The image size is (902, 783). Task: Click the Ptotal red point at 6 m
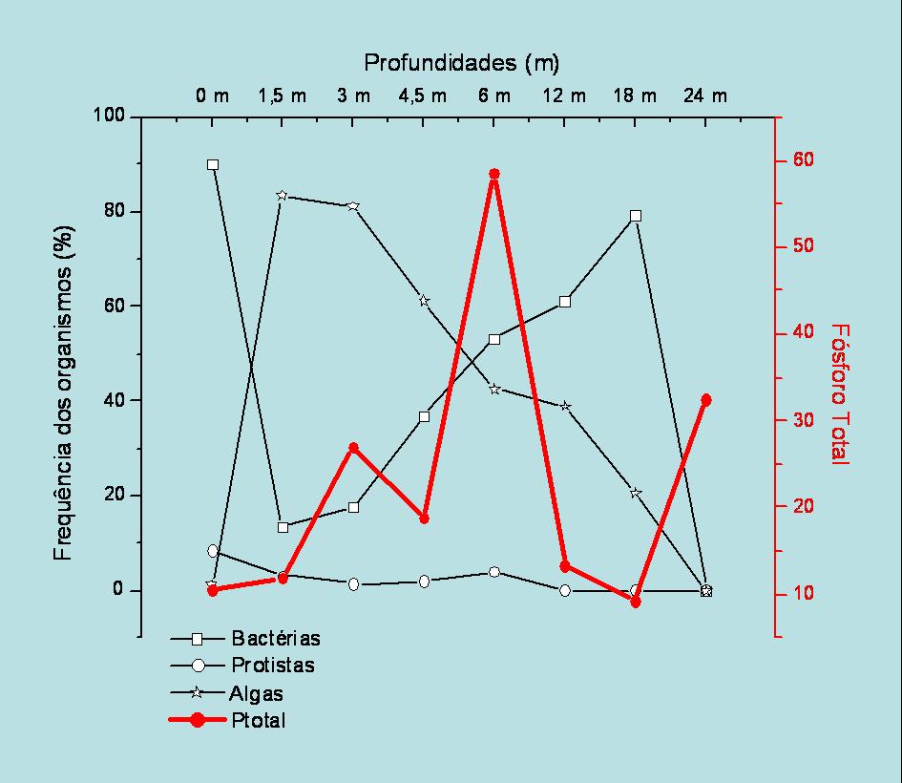click(494, 175)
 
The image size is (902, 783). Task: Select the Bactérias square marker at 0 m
click(213, 164)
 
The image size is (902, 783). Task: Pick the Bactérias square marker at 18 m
click(636, 216)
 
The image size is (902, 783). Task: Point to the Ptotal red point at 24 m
click(706, 400)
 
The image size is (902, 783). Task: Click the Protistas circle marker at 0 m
click(213, 551)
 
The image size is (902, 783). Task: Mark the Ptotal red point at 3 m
click(353, 448)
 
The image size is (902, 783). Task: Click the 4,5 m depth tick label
click(422, 95)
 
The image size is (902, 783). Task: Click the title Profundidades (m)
click(461, 63)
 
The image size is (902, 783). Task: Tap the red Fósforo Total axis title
click(839, 393)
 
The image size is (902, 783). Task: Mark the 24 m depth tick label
click(705, 95)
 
